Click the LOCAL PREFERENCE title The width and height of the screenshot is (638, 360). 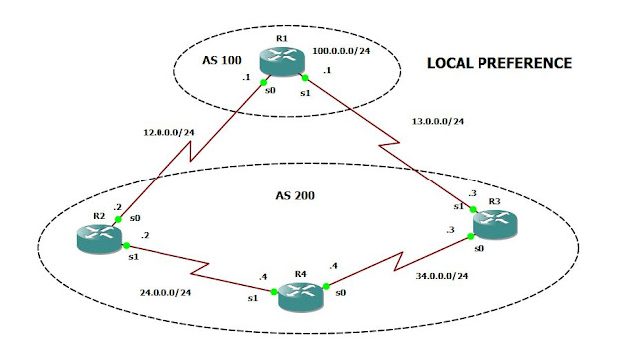click(498, 63)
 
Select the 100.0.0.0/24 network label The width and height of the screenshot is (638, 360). click(341, 49)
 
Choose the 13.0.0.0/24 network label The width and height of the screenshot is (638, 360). click(438, 123)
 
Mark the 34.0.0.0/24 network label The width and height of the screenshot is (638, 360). click(438, 276)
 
